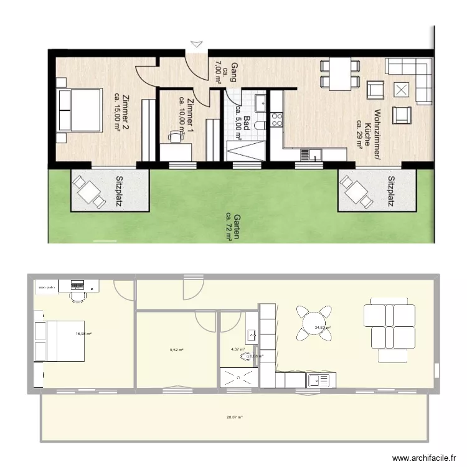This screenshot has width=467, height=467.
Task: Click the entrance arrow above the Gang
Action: (197, 44)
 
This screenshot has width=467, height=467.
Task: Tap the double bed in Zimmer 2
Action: (79, 110)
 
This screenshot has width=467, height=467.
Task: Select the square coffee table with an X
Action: (402, 90)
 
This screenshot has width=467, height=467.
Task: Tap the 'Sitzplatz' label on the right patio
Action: (391, 191)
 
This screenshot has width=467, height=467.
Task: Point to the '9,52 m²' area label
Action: (177, 350)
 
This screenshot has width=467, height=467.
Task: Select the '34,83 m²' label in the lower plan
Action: (323, 328)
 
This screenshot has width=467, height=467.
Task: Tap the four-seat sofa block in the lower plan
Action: (390, 322)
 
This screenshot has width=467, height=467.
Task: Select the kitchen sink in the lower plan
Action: (322, 379)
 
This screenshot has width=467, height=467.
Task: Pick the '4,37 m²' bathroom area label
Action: (238, 350)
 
